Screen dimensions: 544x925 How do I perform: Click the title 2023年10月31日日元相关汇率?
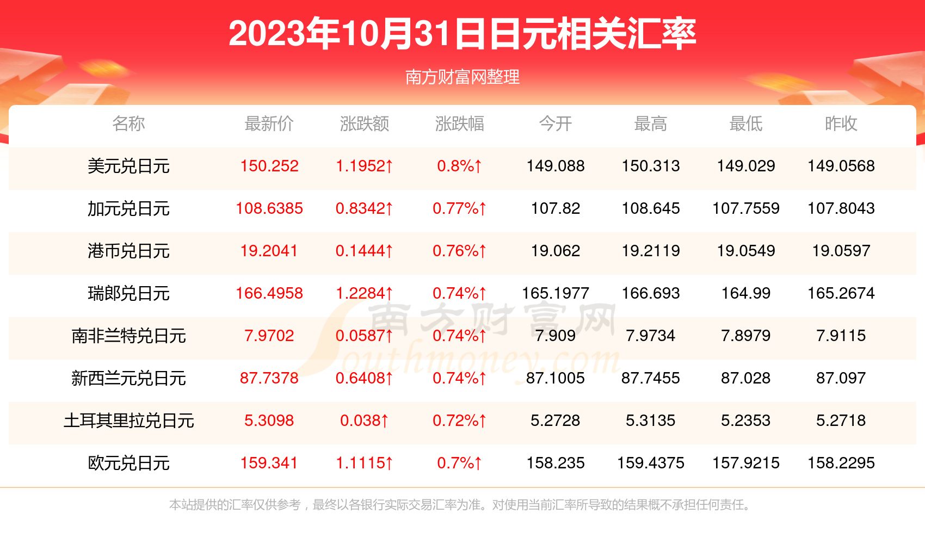[462, 34]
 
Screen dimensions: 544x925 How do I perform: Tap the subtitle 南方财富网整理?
[462, 77]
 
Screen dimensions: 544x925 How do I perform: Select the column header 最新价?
[269, 124]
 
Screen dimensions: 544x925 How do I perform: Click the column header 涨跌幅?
[459, 124]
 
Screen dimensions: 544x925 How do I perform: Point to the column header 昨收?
[841, 124]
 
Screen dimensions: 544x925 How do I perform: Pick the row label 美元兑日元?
[128, 166]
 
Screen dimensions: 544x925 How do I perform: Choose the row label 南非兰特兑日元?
[128, 336]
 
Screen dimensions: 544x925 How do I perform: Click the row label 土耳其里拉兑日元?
[128, 421]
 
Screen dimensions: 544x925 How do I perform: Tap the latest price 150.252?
[269, 166]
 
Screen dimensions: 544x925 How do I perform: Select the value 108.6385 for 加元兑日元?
[269, 208]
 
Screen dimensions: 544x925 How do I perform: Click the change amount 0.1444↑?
[364, 251]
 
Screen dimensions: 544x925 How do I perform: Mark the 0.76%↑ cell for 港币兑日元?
[459, 251]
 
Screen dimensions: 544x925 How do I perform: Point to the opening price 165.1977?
[555, 293]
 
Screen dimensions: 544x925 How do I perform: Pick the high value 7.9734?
[650, 336]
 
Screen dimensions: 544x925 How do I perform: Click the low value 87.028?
[745, 378]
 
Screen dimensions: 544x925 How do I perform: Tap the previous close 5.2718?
[841, 421]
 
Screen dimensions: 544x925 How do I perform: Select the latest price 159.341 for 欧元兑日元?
[269, 463]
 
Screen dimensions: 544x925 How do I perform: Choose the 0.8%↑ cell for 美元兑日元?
[459, 166]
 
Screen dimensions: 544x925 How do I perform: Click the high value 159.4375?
[650, 463]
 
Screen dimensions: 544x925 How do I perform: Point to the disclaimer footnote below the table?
[460, 505]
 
